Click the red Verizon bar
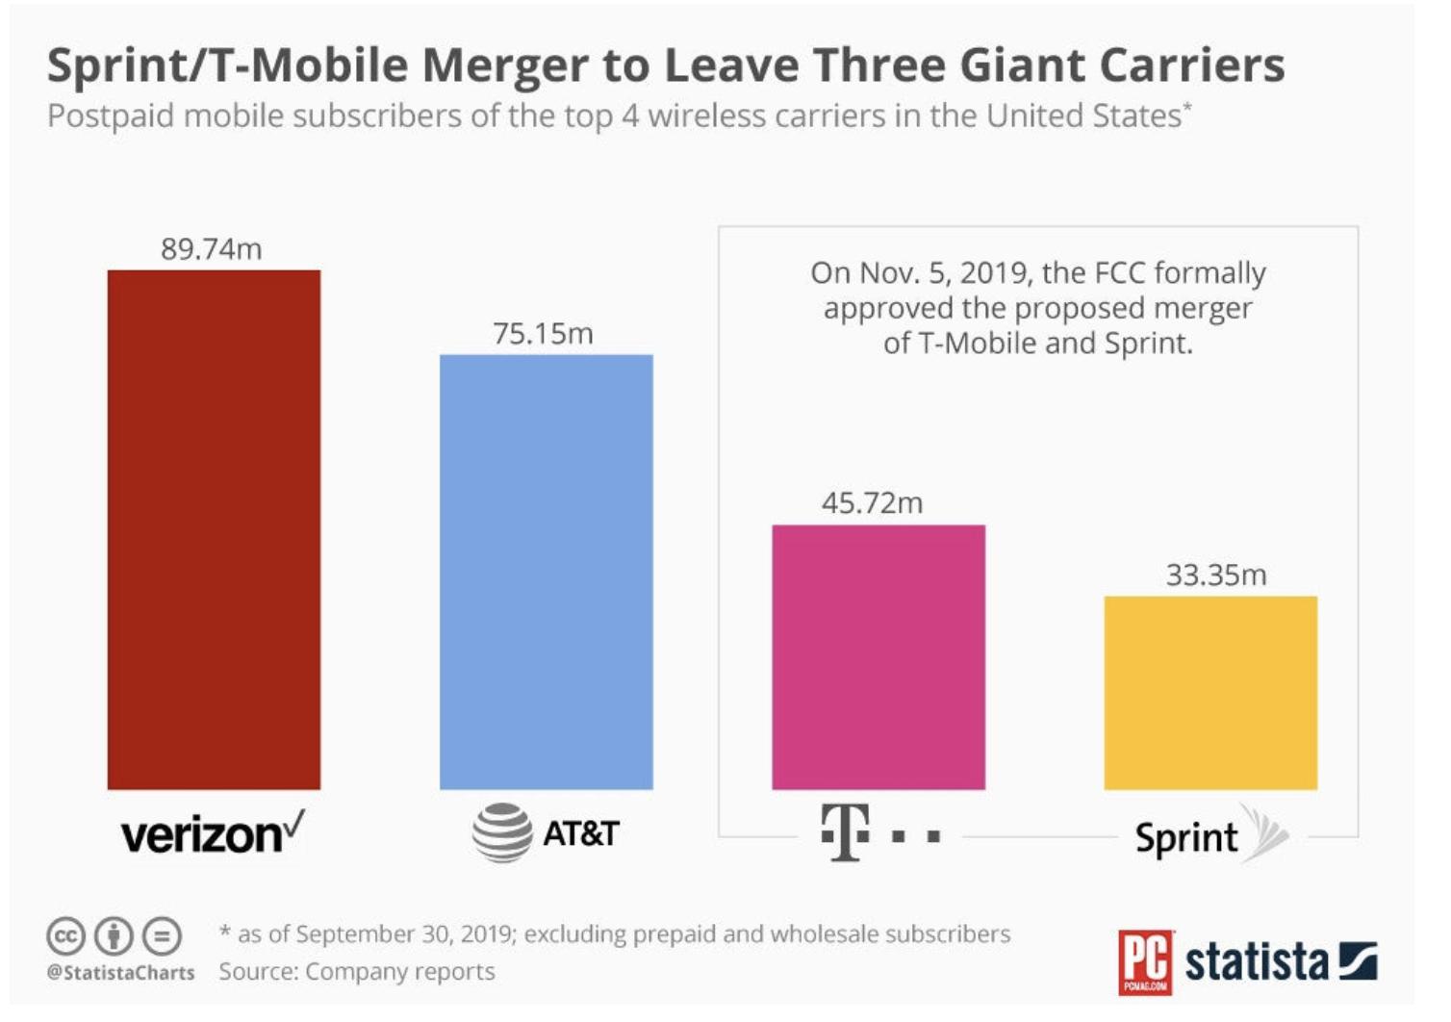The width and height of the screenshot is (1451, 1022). point(214,530)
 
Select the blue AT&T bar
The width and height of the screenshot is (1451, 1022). point(547,572)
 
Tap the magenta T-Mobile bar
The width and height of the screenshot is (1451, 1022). point(878,657)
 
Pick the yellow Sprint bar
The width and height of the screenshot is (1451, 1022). point(1210,693)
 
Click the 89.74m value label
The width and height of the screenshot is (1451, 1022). point(211,248)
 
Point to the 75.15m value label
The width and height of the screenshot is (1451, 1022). point(543,334)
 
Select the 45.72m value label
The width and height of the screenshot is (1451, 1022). point(873,503)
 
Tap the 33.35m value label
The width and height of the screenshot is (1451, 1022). point(1216,575)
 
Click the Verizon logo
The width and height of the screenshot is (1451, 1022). point(213,832)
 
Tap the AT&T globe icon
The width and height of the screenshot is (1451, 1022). point(502,832)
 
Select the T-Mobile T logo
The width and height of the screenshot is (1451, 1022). point(846,832)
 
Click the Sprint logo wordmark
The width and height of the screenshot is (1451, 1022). point(1186,838)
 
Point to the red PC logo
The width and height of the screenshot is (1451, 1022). point(1145,962)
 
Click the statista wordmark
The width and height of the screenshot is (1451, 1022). point(1257,962)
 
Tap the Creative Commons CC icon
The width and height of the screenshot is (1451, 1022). point(65,936)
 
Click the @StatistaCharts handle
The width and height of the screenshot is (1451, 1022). point(120,973)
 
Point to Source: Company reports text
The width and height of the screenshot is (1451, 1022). point(357,972)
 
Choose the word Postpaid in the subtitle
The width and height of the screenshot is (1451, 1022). point(111,117)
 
